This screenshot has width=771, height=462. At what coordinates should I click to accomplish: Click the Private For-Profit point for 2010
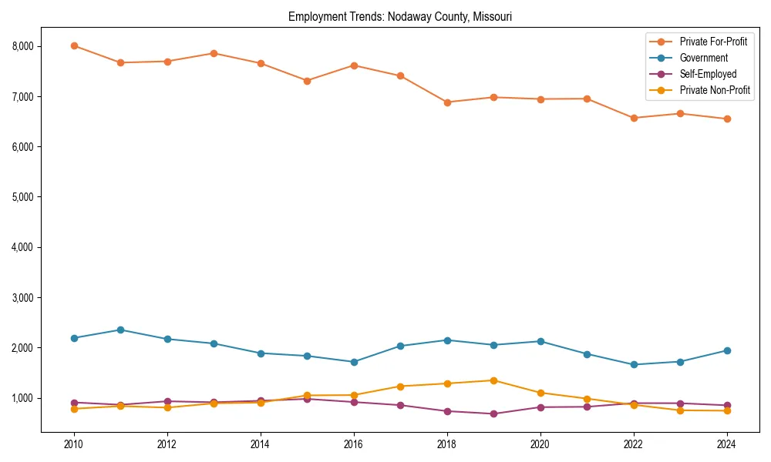pos(74,45)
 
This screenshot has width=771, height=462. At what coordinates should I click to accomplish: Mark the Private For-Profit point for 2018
pos(447,102)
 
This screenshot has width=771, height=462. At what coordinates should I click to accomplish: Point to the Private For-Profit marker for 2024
pos(727,119)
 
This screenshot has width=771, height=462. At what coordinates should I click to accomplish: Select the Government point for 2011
pos(121,330)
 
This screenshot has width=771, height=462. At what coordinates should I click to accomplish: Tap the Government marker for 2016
pos(354,362)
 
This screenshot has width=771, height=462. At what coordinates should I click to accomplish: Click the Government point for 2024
pos(727,350)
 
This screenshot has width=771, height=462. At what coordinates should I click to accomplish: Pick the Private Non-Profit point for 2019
pos(493,380)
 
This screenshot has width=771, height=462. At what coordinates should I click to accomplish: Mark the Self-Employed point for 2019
pos(493,413)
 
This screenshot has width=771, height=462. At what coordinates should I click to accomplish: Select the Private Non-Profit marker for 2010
pos(74,409)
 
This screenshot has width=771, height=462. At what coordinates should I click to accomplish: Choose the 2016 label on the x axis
pos(354,444)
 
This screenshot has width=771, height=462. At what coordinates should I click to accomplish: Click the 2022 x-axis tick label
pos(634,444)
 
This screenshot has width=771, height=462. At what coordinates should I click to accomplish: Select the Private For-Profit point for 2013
pos(214,53)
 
